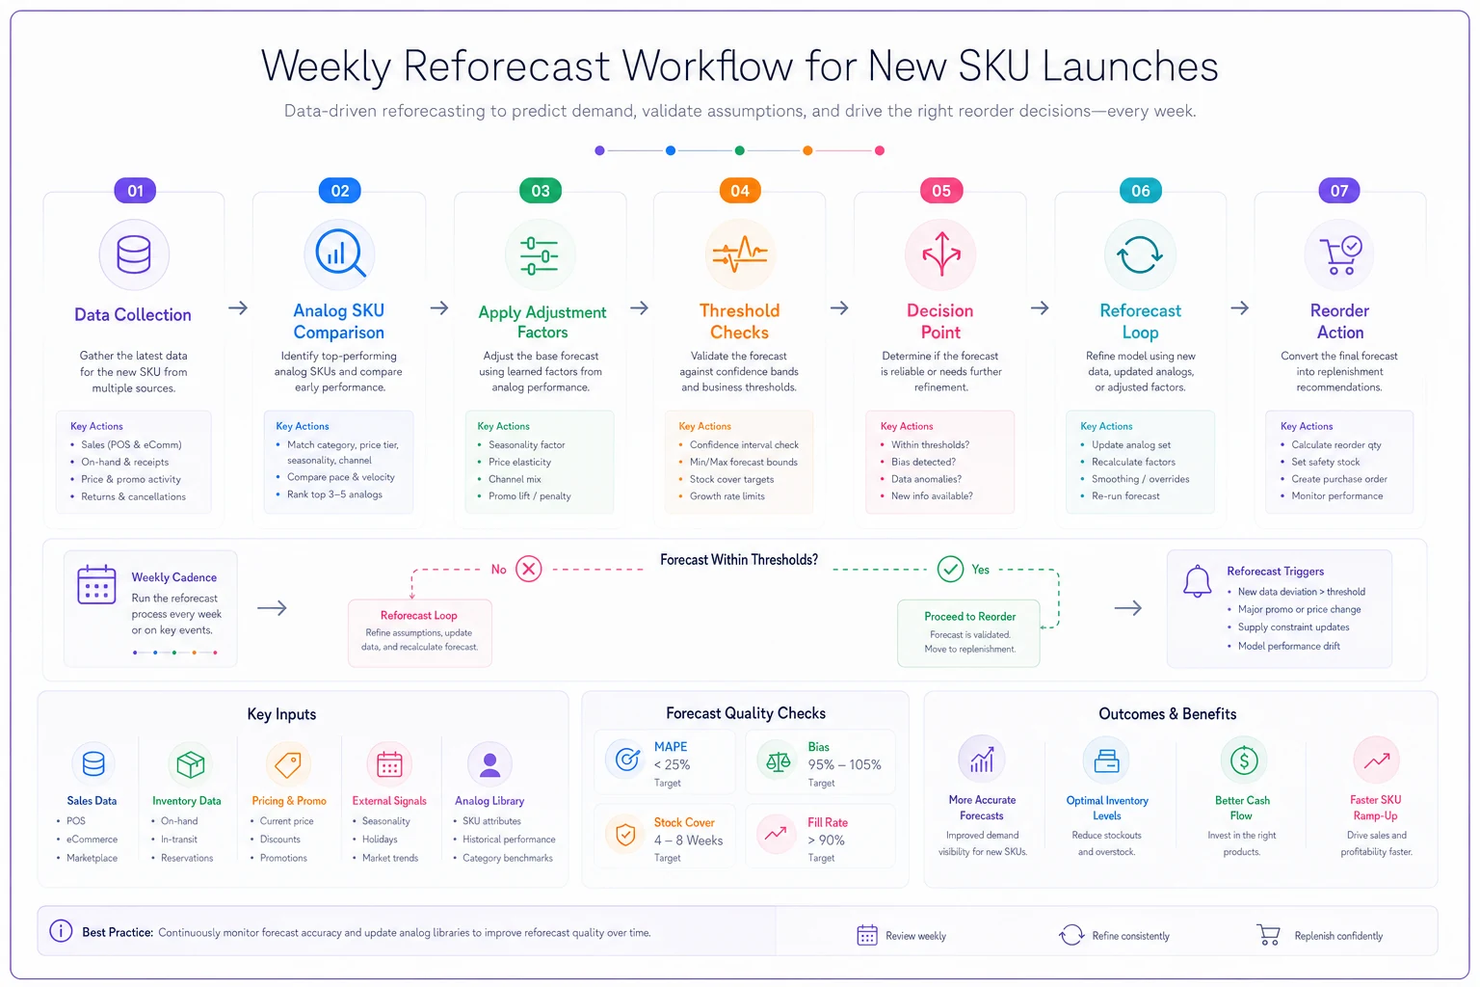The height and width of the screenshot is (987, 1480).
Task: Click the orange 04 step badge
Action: (x=739, y=191)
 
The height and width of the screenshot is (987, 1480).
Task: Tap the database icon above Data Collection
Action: (x=134, y=254)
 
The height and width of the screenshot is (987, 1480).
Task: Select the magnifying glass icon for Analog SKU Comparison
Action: (x=339, y=253)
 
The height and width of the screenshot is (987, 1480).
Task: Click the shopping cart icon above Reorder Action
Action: (x=1340, y=255)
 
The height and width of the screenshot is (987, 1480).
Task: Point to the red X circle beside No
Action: (x=529, y=569)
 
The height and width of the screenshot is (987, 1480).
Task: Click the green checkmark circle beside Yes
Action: (x=949, y=569)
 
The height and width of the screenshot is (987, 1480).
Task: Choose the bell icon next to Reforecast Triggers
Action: (x=1197, y=582)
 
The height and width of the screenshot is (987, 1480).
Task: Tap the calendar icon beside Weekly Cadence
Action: (x=96, y=584)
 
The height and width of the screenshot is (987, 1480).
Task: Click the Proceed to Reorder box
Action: (x=968, y=632)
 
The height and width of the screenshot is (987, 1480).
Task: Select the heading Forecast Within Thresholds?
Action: (x=739, y=560)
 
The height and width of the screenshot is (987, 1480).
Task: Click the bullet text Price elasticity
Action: (x=519, y=462)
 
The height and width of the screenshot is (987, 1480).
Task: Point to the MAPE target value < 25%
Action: (x=672, y=765)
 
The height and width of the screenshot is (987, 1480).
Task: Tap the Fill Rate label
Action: (x=828, y=822)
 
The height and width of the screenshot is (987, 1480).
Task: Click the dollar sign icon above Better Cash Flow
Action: (x=1243, y=760)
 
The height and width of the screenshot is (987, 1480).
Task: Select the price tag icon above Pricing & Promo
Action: (x=288, y=764)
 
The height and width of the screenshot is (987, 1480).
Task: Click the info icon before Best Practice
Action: (x=61, y=931)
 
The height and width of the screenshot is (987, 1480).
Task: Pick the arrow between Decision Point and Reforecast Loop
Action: (x=1040, y=308)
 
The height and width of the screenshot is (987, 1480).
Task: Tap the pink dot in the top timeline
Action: (x=880, y=150)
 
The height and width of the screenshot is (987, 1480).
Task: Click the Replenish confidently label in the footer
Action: (x=1338, y=936)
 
